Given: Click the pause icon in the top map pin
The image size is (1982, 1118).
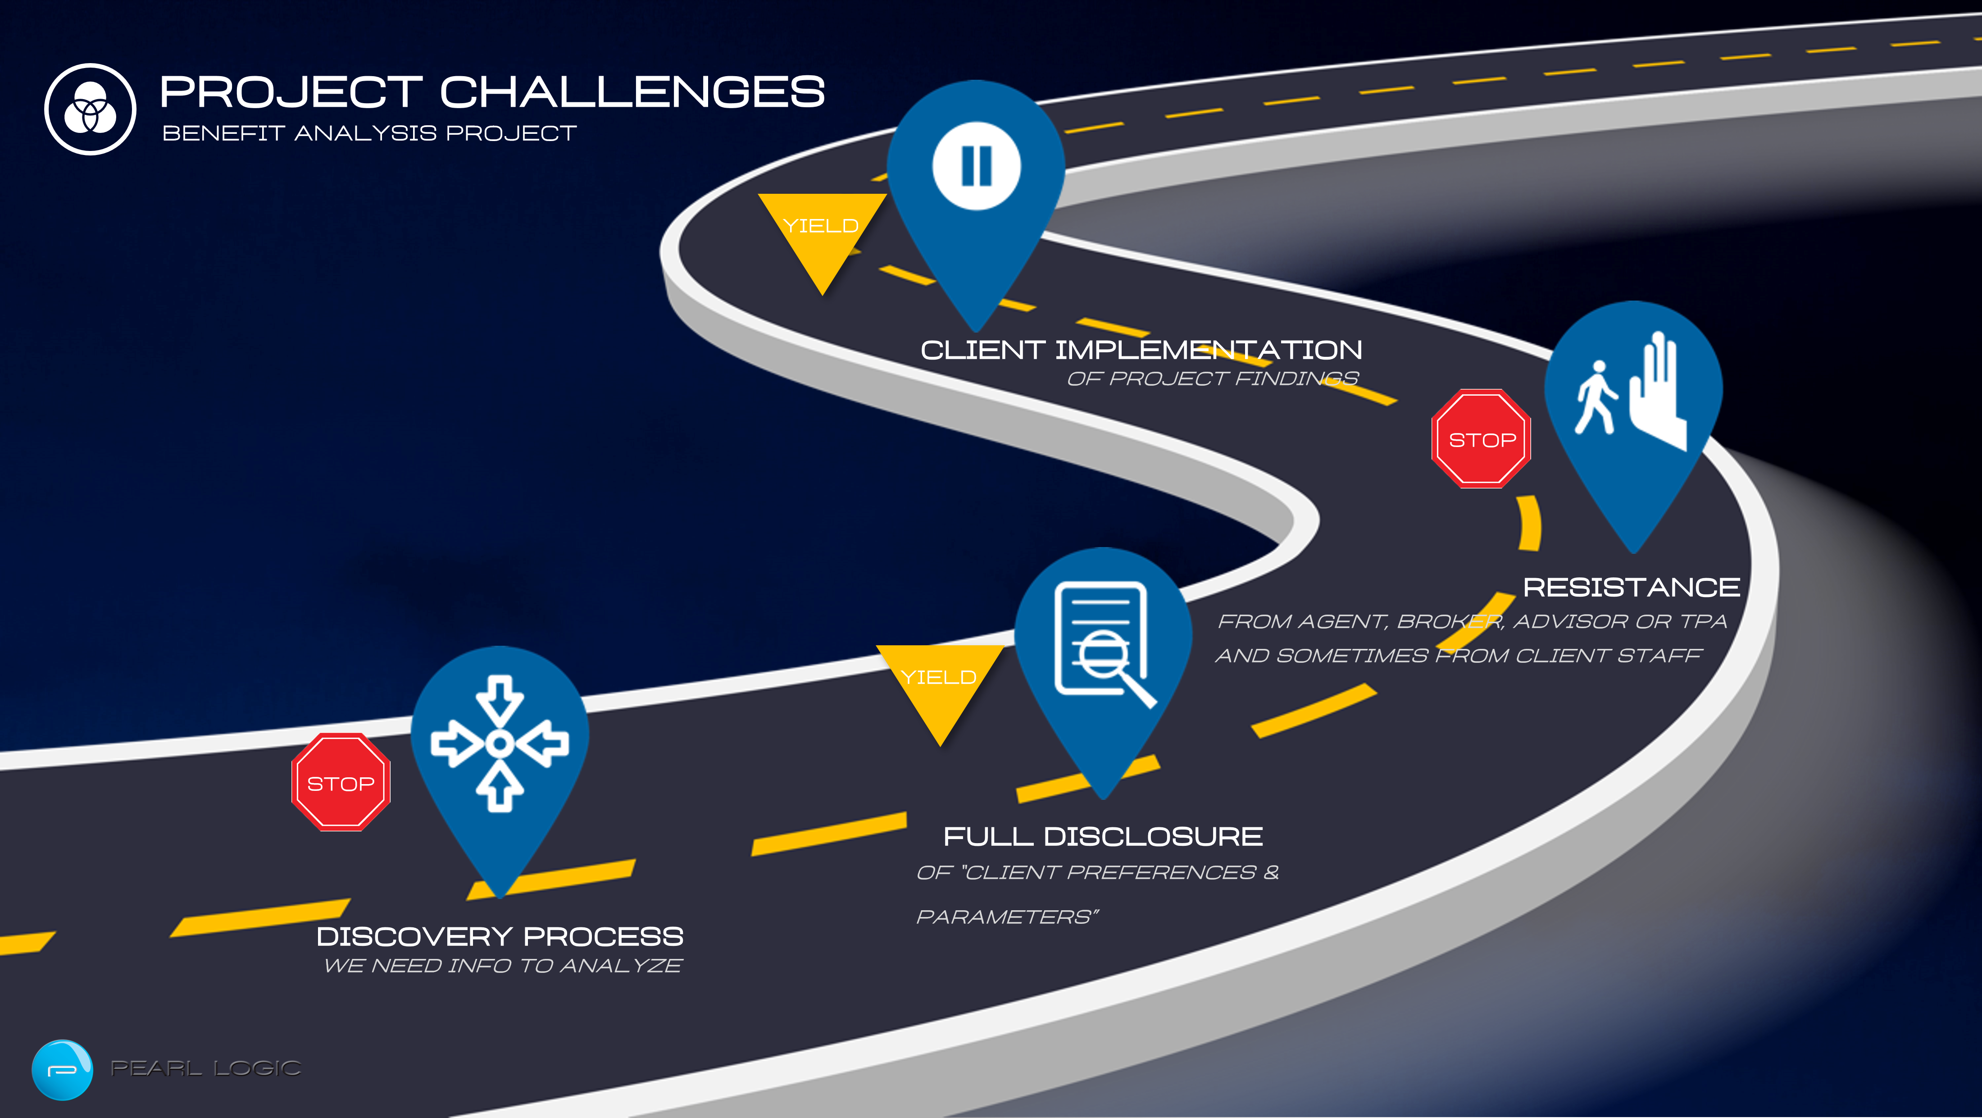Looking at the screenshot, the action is tap(977, 165).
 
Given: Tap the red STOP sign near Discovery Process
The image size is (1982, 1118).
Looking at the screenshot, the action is tap(341, 783).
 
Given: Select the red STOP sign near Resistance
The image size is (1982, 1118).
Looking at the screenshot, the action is tap(1481, 438).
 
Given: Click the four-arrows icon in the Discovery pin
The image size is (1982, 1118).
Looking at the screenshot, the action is tap(500, 743).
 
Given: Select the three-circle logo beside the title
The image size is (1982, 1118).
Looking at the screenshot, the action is tap(90, 109).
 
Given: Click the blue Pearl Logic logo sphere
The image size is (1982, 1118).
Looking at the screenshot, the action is tap(62, 1069).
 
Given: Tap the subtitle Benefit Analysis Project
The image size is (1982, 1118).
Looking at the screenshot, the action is tap(369, 133).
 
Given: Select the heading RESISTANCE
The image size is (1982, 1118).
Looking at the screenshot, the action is tap(1631, 587).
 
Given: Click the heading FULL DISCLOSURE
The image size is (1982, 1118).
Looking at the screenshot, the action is tap(1103, 836).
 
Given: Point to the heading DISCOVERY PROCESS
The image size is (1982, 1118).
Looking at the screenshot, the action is tap(500, 936).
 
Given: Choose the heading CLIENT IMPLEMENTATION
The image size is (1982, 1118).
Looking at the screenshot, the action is tap(1141, 350).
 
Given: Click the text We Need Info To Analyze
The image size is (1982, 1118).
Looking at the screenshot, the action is tap(502, 966).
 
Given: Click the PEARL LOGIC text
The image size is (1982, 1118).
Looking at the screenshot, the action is tap(205, 1068).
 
